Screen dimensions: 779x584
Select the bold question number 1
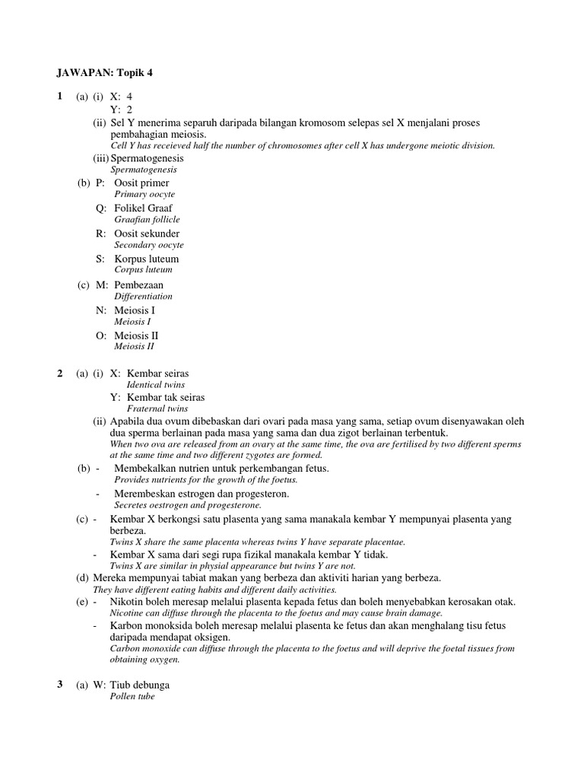(60, 97)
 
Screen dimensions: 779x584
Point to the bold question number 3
(60, 684)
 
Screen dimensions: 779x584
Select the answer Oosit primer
(141, 183)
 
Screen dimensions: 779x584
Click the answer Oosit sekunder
(147, 234)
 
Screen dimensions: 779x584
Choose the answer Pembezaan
(138, 285)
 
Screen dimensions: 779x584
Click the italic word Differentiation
(143, 296)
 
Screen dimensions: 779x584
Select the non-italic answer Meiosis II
(136, 335)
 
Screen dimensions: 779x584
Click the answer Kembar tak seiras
(166, 397)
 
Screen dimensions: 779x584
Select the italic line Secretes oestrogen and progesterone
(187, 505)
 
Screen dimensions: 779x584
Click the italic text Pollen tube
(134, 696)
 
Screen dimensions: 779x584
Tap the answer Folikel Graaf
(143, 208)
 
